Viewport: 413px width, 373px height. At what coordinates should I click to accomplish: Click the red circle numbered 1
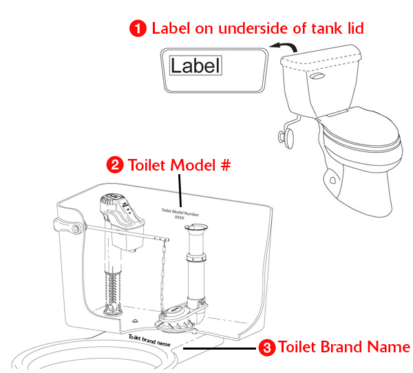[x=139, y=28]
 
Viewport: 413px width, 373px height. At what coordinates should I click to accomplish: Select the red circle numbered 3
[x=266, y=348]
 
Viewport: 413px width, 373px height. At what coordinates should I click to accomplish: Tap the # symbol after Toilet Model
[x=224, y=165]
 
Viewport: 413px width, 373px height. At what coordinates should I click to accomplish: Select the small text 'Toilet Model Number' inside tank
[x=180, y=211]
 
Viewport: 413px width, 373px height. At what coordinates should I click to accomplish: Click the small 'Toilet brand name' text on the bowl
[x=149, y=339]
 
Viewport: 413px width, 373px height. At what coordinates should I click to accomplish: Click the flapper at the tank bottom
[x=178, y=317]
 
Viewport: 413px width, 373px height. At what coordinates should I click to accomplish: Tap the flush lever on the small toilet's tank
[x=317, y=77]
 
